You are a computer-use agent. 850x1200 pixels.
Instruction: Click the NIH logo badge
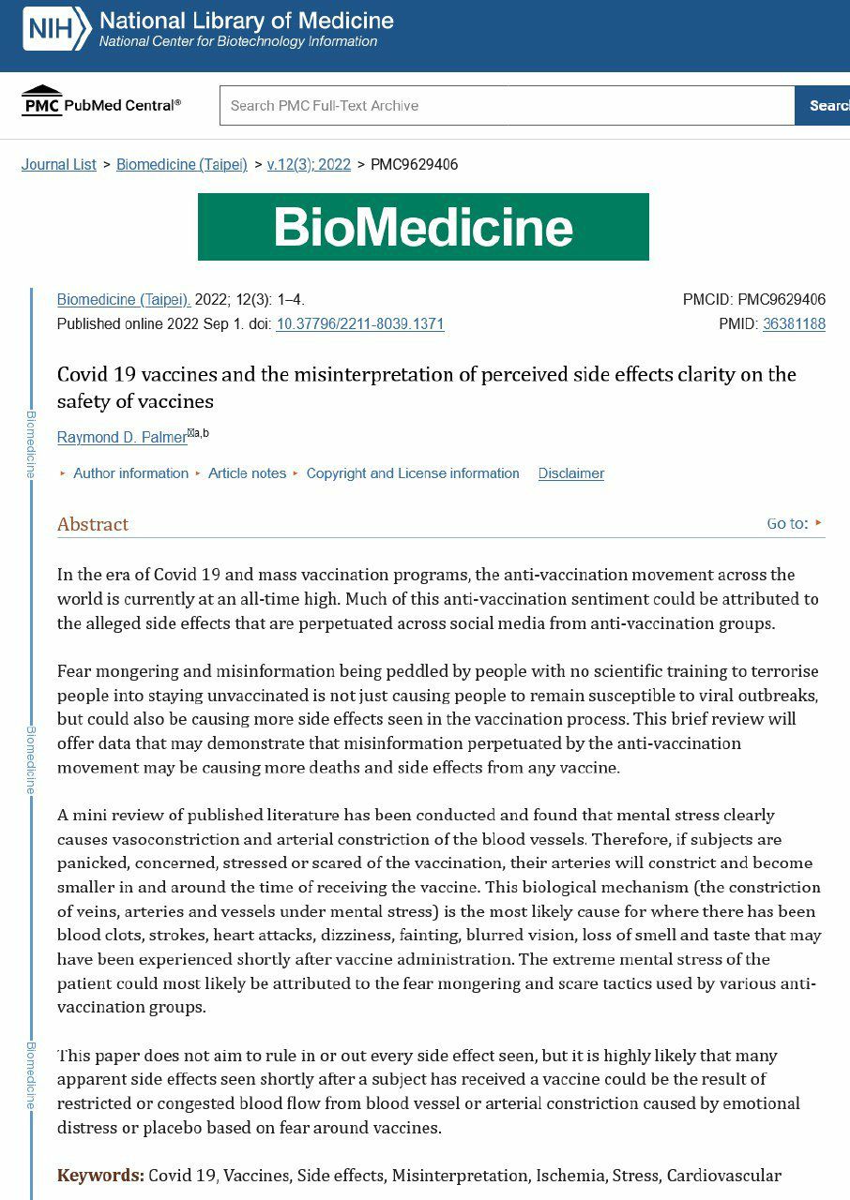point(56,29)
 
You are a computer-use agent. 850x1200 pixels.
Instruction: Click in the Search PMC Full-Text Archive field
point(507,106)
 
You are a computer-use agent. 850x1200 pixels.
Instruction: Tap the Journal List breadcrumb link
point(59,165)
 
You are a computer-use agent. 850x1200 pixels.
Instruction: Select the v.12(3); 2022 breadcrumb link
point(309,165)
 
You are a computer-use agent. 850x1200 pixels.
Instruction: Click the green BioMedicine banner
point(423,227)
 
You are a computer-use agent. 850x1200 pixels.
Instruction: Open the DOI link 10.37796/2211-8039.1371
point(359,324)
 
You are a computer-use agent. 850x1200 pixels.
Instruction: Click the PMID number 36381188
point(794,324)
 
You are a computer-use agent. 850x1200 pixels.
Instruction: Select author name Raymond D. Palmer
point(122,438)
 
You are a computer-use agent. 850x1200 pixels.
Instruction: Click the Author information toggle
point(129,473)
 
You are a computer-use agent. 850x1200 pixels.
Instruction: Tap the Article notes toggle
point(247,473)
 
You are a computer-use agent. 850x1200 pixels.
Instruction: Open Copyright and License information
point(412,473)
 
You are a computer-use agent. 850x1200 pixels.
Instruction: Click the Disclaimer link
point(570,473)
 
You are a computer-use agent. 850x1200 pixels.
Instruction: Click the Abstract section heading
point(93,524)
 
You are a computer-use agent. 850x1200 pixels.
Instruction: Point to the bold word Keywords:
point(100,1176)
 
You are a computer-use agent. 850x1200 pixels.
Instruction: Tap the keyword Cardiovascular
point(723,1176)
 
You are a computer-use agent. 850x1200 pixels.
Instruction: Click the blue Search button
point(826,106)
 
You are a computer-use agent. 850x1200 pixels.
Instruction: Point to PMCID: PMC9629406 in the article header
point(754,300)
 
